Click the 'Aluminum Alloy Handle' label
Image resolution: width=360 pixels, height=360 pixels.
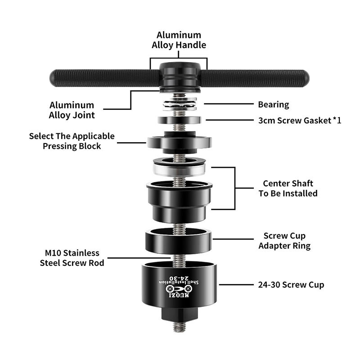(179, 40)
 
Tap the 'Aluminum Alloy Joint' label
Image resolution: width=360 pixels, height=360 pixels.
(72, 110)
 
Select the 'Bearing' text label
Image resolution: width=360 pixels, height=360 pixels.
(273, 104)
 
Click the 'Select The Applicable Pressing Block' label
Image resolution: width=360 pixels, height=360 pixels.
(72, 141)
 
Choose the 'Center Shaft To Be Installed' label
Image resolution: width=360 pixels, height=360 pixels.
(288, 188)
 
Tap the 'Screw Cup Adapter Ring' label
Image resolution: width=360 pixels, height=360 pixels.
(284, 241)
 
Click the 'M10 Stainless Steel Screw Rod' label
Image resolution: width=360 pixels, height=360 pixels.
(72, 258)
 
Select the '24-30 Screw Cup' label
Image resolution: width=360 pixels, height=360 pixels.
(291, 284)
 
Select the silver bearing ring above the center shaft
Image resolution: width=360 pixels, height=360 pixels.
(180, 169)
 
